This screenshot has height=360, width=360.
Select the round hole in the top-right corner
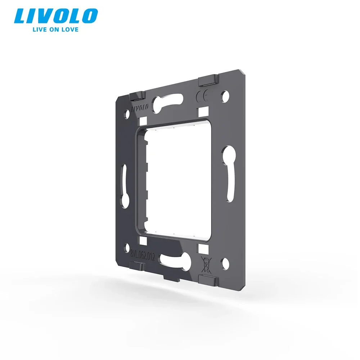[x=225, y=96]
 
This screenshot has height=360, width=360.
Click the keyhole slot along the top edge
[x=169, y=103]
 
